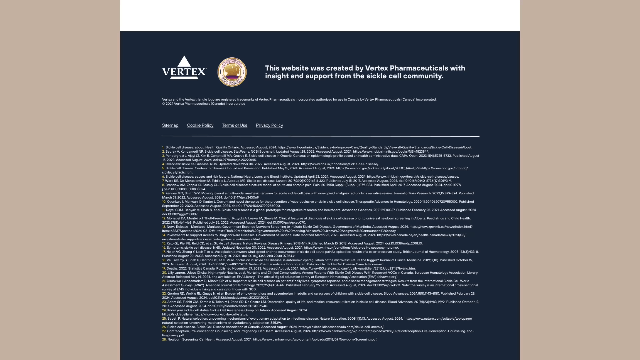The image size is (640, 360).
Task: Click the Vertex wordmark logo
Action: [184, 73]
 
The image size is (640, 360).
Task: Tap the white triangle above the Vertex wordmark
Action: [184, 63]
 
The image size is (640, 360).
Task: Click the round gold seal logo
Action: [232, 72]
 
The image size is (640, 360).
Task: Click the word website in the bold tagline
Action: [296, 68]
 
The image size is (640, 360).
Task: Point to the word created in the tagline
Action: [337, 68]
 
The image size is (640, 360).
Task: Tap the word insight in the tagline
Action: [277, 77]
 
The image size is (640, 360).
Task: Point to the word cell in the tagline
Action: [403, 77]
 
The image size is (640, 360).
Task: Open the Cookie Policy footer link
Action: [200, 125]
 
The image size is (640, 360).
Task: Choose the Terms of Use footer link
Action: [234, 125]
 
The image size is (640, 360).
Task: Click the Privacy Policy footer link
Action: [269, 125]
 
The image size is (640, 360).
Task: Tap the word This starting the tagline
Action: [272, 68]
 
